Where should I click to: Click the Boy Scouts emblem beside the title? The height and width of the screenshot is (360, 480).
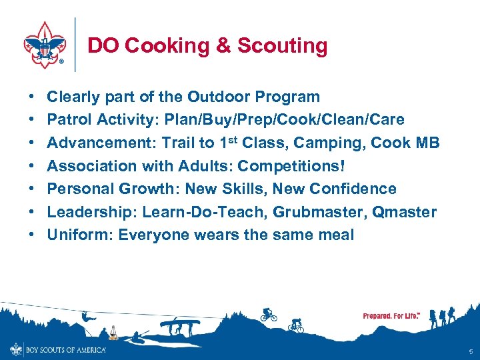[x=45, y=45]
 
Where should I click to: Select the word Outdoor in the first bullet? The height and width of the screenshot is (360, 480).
[x=216, y=97]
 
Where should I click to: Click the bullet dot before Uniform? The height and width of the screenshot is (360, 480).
[x=33, y=235]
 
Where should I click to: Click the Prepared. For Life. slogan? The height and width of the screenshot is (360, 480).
[x=391, y=315]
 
